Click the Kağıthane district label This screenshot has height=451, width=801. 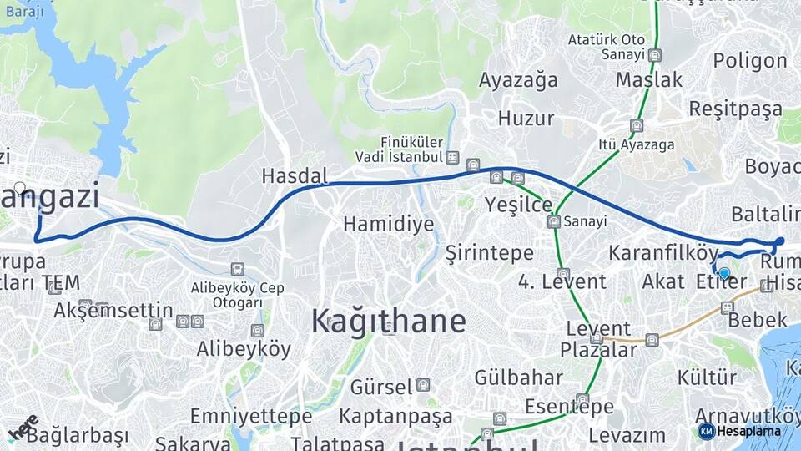pos(388,322)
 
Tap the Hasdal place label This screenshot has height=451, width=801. pos(295,176)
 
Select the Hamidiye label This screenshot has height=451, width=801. pos(388,224)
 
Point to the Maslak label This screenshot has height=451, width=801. pos(648,80)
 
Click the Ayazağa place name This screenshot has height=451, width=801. pos(517,80)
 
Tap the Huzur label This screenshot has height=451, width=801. pos(526,119)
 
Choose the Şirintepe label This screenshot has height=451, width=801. pos(488,251)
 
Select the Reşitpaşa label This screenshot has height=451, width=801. pos(735,109)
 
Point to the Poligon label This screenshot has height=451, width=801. pos(749,61)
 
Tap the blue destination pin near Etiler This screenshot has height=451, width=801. pos(724,273)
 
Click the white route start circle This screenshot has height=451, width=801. pos(20,188)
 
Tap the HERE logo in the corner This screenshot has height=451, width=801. pos(23,428)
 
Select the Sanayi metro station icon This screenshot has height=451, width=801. pos(553,221)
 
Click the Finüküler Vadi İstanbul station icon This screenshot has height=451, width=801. pos(451,157)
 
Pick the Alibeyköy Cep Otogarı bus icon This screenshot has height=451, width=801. pos(238,269)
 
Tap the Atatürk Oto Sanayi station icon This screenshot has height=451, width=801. pos(655,55)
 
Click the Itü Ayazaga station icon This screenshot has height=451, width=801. pos(637,126)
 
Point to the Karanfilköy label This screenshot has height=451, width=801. pos(663,252)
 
